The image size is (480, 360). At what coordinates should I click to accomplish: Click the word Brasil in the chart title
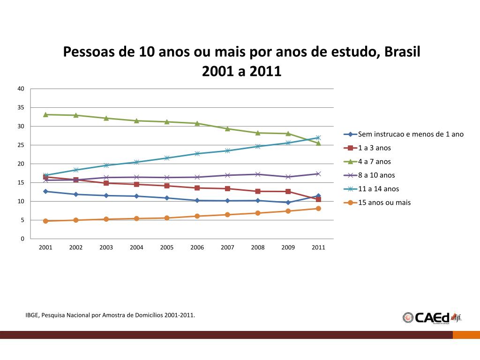402,52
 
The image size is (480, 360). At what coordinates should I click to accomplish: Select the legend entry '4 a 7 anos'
374,162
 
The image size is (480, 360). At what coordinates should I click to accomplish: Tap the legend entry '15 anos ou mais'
384,202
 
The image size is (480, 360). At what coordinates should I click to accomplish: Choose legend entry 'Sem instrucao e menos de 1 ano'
411,134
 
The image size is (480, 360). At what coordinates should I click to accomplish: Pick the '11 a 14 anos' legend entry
378,189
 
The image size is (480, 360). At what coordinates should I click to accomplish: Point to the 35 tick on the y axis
21,107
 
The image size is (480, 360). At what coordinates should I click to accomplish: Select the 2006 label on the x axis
197,247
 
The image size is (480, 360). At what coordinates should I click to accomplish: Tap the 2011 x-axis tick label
318,247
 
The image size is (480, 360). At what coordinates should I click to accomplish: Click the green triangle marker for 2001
45,114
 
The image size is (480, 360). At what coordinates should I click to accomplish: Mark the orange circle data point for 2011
318,209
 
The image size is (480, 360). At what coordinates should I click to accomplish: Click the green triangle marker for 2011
318,143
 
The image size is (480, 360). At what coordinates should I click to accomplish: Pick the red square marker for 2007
227,188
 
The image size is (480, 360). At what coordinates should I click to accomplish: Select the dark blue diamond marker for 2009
288,202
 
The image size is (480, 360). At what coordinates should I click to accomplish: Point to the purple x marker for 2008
258,174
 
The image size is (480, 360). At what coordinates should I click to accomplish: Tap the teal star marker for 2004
136,162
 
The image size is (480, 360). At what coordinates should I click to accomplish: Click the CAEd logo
431,317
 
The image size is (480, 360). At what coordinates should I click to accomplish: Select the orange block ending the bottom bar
466,335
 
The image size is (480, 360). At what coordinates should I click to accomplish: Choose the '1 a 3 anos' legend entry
374,148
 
